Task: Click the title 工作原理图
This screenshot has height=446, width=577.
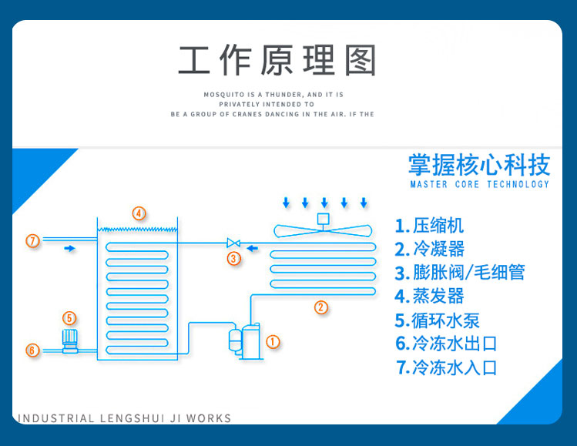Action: (x=277, y=61)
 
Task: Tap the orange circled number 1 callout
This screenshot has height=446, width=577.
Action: (x=272, y=340)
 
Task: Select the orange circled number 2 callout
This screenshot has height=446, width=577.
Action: (x=321, y=307)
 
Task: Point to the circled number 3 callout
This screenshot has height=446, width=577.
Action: (x=234, y=258)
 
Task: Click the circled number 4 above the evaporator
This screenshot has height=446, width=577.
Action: (x=139, y=213)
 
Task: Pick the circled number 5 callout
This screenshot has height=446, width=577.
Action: (x=69, y=317)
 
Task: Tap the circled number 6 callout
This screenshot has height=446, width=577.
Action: (x=32, y=350)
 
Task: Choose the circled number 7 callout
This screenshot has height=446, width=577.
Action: (x=32, y=241)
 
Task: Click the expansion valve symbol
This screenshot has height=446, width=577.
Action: (x=233, y=243)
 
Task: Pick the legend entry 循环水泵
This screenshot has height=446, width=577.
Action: (x=448, y=320)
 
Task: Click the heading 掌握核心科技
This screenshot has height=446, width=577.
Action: (x=479, y=165)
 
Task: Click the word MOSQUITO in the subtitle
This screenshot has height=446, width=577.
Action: (x=223, y=94)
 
